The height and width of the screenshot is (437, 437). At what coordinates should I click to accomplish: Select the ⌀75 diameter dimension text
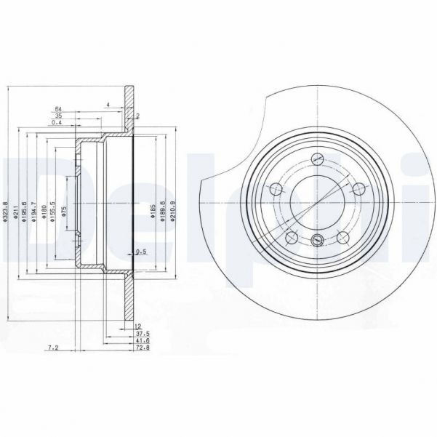point(64,212)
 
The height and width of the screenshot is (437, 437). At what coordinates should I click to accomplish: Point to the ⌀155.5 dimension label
point(53,212)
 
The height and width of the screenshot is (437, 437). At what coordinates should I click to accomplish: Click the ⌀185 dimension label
point(153,212)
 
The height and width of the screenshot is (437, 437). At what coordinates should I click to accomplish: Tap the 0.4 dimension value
point(57,122)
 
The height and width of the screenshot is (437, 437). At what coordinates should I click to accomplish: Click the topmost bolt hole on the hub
point(316,160)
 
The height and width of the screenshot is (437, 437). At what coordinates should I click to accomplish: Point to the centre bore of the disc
point(316,202)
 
